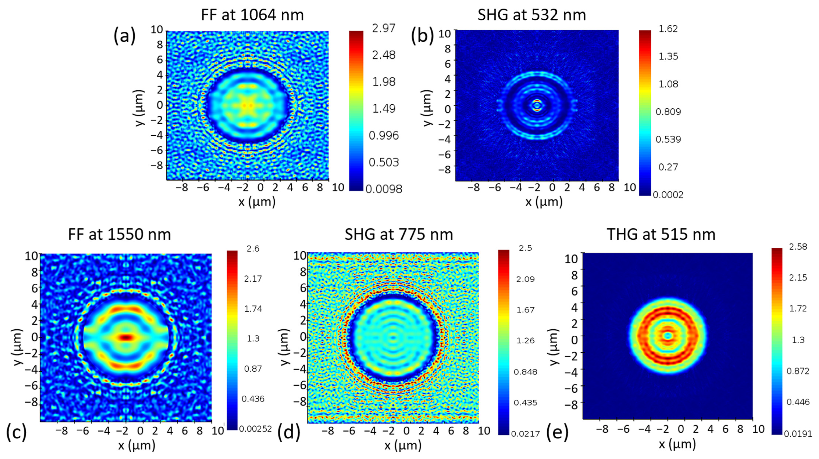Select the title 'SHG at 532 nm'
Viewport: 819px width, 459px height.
coord(532,15)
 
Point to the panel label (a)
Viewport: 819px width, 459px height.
coord(124,36)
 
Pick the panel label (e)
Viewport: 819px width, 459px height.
coord(557,433)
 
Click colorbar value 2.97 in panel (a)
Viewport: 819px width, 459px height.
coord(384,28)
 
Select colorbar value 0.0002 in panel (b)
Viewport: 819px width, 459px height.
coord(668,195)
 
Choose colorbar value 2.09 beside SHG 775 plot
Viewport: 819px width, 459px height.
coord(525,279)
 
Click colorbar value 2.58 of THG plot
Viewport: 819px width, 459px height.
coord(798,247)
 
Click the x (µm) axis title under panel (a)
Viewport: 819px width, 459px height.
coord(257,201)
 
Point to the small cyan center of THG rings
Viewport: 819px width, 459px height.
coord(667,336)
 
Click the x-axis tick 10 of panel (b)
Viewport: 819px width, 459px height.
coord(629,187)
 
